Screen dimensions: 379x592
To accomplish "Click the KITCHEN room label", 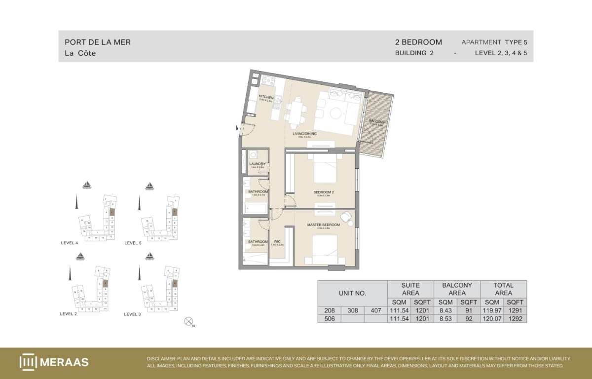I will tap(266, 97).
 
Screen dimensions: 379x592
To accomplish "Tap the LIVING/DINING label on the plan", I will tap(304, 134).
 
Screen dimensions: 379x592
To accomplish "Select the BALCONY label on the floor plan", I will tap(377, 121).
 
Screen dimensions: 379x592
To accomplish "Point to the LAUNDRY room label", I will tap(258, 164).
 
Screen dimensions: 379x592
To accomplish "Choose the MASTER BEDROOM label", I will tap(324, 225).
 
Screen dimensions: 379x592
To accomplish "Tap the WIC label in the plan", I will tap(277, 242).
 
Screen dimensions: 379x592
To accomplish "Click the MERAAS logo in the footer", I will tap(54, 362).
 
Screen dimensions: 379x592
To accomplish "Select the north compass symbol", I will tap(188, 322).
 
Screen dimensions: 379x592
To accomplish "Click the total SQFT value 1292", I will tap(515, 319).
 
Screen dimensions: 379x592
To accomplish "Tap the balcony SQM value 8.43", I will tap(445, 310).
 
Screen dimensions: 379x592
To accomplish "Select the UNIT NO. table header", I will tap(352, 293).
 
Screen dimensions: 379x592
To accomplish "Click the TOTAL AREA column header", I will tap(503, 289).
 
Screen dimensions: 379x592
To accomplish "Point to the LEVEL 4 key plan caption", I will tap(69, 243).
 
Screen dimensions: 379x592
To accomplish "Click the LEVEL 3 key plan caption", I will tap(133, 314).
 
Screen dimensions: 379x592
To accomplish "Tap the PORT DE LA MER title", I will tap(98, 42).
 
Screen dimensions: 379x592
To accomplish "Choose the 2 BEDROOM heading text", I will tap(418, 42).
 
